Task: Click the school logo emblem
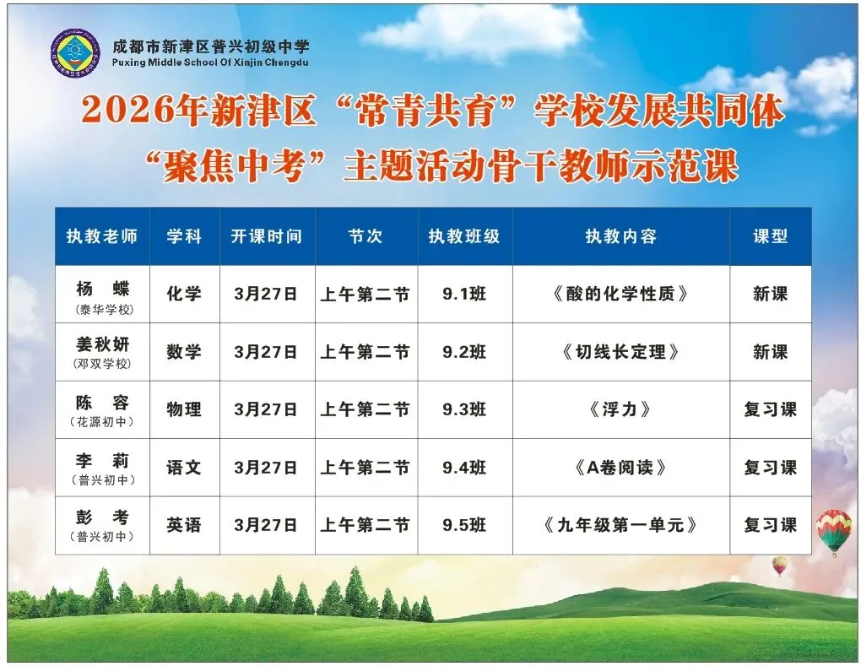point(75,54)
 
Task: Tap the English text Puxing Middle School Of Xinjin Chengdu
point(211,63)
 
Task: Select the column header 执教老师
point(102,236)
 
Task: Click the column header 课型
point(770,236)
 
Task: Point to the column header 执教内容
point(620,236)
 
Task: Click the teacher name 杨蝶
point(102,289)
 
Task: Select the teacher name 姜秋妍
point(102,345)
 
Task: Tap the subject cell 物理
point(184,409)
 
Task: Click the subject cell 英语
point(184,525)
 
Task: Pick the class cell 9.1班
point(464,294)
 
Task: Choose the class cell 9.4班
point(464,467)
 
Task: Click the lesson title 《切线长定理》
point(620,352)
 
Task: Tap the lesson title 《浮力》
point(620,409)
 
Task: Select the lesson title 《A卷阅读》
point(620,467)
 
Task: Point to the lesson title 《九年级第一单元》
point(620,525)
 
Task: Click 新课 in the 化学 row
point(770,294)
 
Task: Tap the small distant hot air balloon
point(779,565)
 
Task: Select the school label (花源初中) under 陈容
point(102,422)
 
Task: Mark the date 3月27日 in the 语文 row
point(266,467)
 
